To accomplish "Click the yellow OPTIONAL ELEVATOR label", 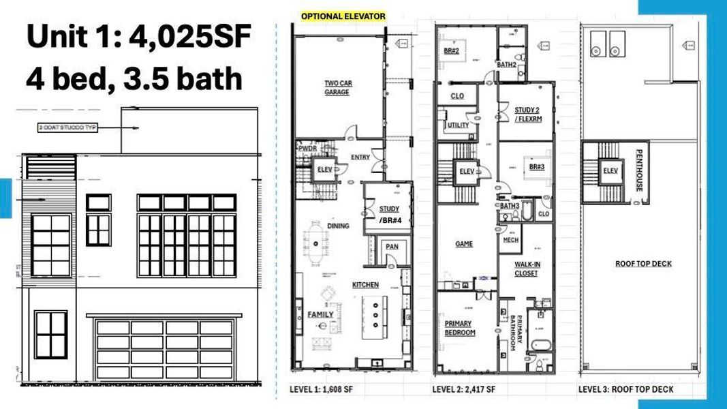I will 343,16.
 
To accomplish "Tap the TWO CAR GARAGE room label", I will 337,88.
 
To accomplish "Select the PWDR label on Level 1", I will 304,149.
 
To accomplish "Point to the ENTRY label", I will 360,157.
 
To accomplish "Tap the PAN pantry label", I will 392,246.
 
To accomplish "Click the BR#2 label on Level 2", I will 450,51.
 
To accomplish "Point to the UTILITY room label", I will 458,125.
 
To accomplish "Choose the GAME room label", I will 464,243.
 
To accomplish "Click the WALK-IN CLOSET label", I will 526,269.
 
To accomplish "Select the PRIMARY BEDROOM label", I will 460,328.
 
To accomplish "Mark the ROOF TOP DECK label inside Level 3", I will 643,264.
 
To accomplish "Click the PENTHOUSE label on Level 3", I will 639,170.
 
